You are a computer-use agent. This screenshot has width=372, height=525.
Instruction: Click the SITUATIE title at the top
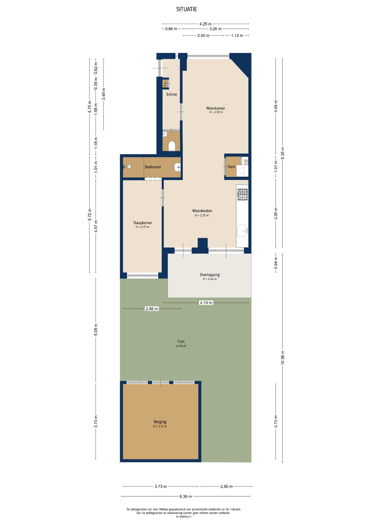point(187,9)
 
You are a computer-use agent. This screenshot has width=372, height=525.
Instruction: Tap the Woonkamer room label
point(216,108)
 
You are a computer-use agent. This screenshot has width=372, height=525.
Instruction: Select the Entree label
point(172,94)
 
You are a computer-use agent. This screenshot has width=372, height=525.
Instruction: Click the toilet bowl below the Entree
point(172,145)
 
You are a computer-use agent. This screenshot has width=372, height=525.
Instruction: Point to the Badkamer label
point(153,167)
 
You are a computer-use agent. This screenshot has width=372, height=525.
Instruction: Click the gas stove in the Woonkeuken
point(242,195)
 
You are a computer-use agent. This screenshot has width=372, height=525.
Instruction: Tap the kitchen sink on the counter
point(242,231)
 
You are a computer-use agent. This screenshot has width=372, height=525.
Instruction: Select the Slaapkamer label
point(143,223)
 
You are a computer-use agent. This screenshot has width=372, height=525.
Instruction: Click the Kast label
point(231,167)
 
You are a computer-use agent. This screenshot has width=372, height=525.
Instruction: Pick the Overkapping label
point(210,275)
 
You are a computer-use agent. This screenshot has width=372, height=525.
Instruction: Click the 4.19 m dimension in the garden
point(206,303)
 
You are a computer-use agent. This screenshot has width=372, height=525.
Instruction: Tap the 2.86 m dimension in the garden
point(152,309)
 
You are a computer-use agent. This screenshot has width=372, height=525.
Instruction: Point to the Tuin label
point(181,342)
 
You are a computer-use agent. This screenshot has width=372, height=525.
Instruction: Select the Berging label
point(160,422)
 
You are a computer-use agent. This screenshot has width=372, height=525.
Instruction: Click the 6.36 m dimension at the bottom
point(186,496)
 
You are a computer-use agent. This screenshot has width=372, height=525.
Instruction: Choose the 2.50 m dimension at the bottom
point(227,486)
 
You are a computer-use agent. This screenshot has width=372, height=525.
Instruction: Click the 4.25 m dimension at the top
point(205,24)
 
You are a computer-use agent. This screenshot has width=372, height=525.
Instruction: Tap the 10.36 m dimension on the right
point(283,358)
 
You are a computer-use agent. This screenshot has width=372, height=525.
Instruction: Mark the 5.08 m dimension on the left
point(96,329)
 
